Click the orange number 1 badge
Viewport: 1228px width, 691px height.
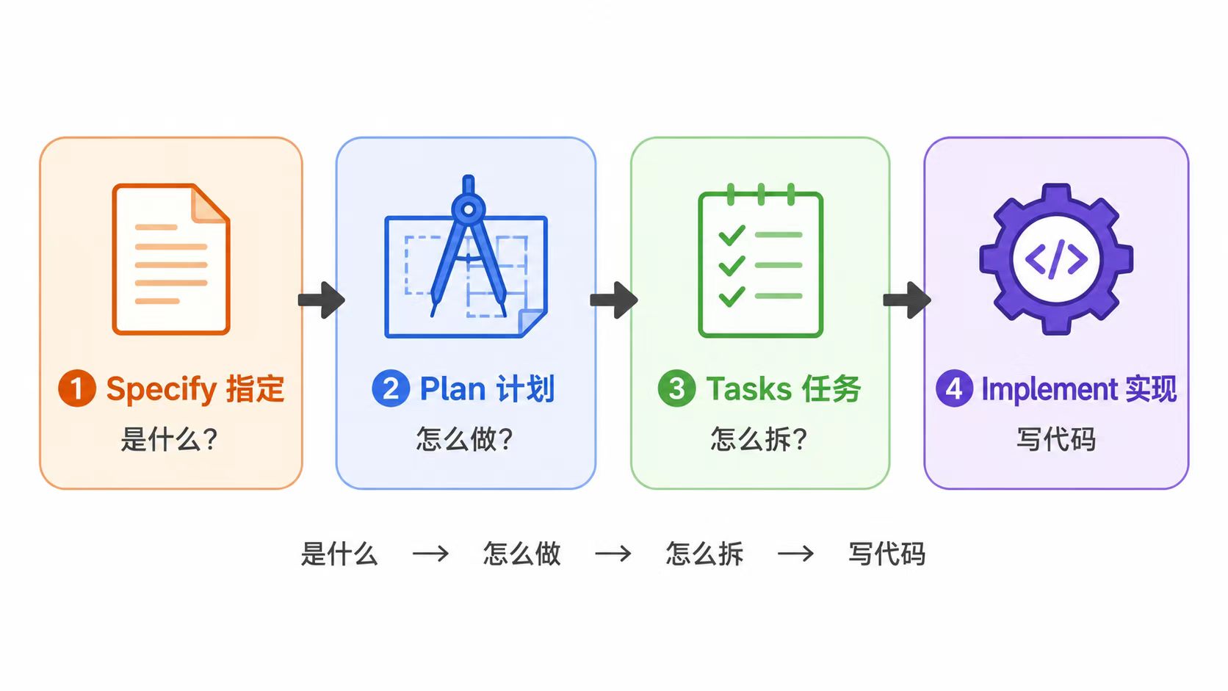tap(76, 388)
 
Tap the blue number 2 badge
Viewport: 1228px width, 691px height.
tap(390, 388)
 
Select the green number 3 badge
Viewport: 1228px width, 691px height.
tap(676, 388)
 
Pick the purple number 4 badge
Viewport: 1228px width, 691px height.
tap(955, 388)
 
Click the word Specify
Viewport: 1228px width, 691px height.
tap(162, 390)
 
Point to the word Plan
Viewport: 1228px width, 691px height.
tap(453, 389)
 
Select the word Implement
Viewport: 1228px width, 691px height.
tap(1050, 390)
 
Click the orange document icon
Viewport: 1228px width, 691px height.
tap(171, 258)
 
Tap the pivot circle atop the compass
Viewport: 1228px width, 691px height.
tap(468, 209)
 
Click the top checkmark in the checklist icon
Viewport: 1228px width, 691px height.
tap(732, 235)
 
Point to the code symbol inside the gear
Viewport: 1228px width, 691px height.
tap(1056, 259)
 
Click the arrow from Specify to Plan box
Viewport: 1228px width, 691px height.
tap(321, 300)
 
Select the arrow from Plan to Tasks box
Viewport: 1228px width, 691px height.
tap(614, 300)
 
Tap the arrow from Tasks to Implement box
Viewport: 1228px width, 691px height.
tap(907, 300)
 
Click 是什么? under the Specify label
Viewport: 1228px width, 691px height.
tap(170, 439)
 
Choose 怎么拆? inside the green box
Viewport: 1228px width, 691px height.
tap(759, 439)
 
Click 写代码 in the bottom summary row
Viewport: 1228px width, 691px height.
tap(887, 554)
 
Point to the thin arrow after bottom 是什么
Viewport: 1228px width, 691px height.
tap(431, 554)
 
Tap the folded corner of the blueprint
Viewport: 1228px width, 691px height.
tap(531, 322)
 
